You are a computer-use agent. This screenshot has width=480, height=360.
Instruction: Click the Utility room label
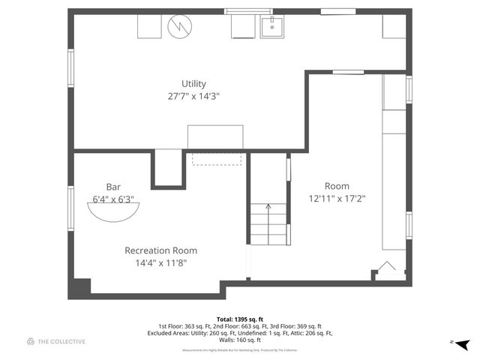tap(193, 84)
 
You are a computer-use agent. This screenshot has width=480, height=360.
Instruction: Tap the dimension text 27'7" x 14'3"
tap(193, 96)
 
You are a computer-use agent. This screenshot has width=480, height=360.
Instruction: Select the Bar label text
tap(113, 187)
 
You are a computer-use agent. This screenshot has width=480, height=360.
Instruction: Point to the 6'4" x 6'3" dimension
tap(113, 199)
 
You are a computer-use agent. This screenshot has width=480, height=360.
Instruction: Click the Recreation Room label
tap(160, 250)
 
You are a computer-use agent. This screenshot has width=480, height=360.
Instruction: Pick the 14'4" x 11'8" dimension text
tap(160, 262)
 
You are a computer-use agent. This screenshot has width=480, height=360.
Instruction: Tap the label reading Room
tap(337, 186)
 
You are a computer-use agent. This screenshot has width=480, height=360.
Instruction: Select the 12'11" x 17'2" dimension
tap(337, 199)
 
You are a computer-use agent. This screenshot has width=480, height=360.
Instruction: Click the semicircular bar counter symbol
tap(113, 212)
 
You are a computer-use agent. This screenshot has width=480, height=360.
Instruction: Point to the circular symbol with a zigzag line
tap(180, 27)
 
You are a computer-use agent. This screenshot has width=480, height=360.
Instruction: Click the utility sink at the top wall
tap(272, 26)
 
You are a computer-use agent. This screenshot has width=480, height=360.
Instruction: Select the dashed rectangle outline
tap(217, 159)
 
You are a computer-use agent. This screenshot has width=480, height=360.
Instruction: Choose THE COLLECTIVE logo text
tap(61, 342)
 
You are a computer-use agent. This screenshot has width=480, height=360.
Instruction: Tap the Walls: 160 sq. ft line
tap(240, 340)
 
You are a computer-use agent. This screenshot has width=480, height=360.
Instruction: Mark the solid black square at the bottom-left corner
tap(79, 288)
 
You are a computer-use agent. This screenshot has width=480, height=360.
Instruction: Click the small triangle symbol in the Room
tap(388, 266)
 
